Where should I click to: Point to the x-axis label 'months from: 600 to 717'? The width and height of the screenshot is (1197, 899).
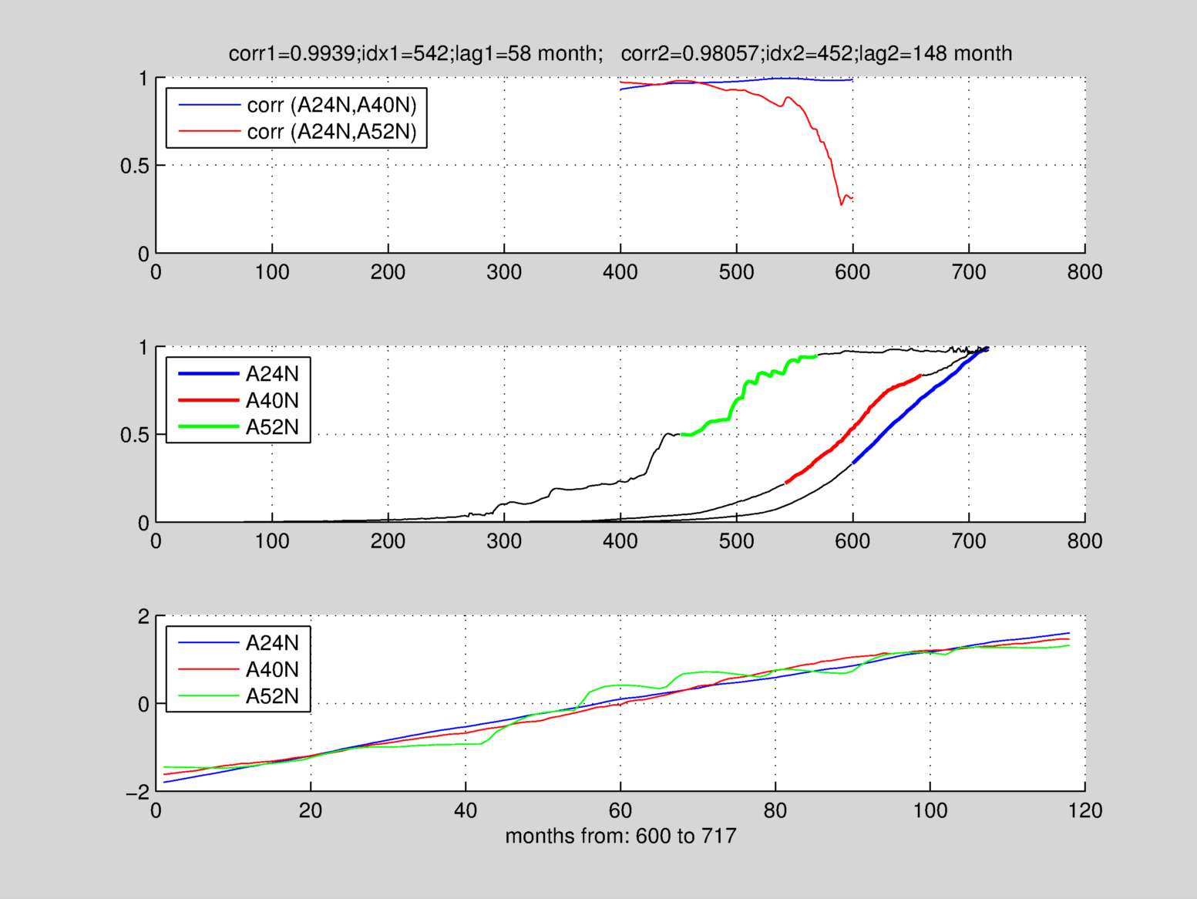click(620, 836)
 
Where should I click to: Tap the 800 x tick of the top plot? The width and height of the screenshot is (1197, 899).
click(1084, 272)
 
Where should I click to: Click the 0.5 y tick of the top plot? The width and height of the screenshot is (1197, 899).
click(134, 166)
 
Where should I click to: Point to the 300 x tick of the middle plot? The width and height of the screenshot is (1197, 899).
click(504, 541)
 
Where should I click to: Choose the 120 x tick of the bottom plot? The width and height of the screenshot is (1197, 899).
click(1084, 810)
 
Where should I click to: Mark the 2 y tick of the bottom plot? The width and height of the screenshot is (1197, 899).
click(143, 617)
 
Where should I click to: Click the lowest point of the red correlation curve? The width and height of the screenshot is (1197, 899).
click(841, 204)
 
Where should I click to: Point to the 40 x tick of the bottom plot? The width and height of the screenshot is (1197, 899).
click(466, 810)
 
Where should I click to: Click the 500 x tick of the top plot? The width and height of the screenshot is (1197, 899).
click(737, 272)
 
